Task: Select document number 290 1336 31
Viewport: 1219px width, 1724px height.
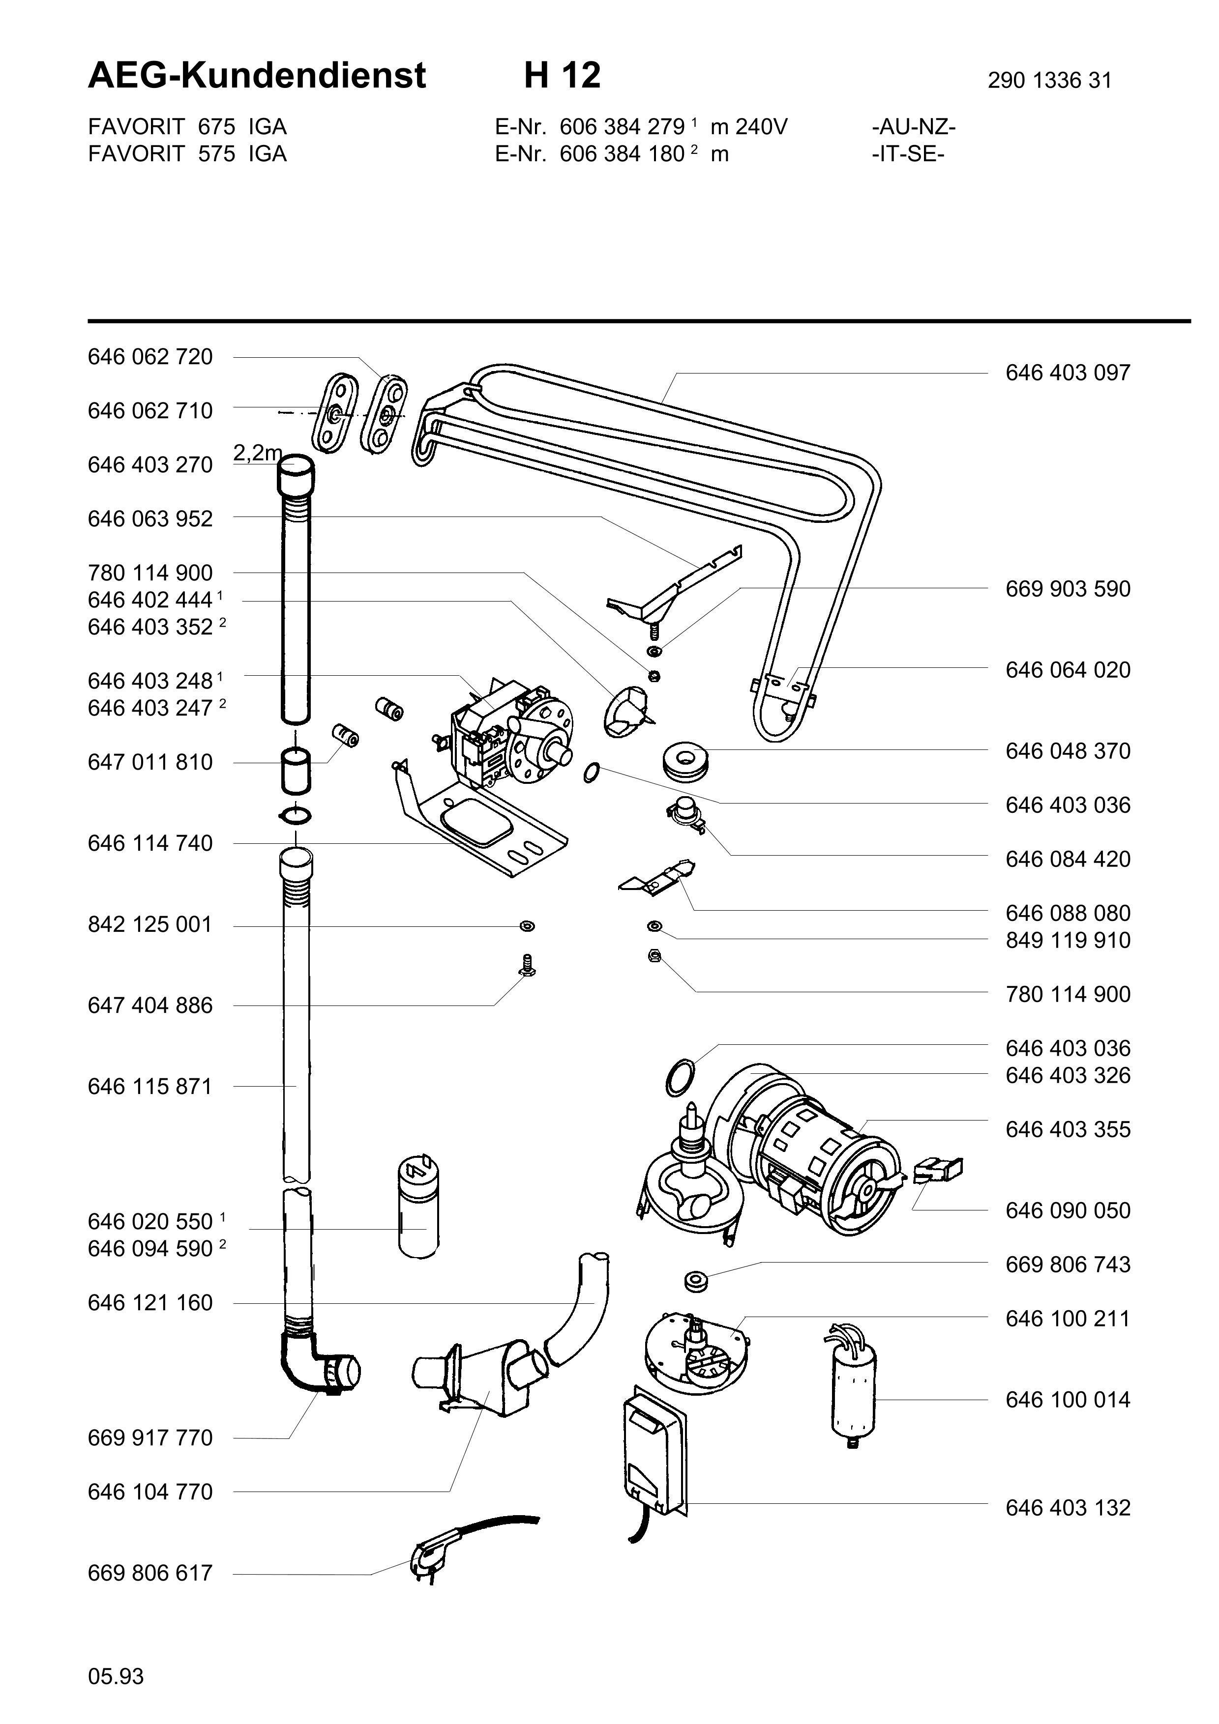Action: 1049,80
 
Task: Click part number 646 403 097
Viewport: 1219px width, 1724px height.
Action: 1067,373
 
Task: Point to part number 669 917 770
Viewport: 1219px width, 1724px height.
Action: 150,1438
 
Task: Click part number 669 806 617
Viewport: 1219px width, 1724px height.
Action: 150,1573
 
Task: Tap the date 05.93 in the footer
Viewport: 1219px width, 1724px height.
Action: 116,1671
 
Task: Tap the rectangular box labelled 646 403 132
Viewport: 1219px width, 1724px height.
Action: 654,1451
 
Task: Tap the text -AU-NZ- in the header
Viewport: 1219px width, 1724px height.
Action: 913,127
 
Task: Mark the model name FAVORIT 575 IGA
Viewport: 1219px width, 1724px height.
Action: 187,154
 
